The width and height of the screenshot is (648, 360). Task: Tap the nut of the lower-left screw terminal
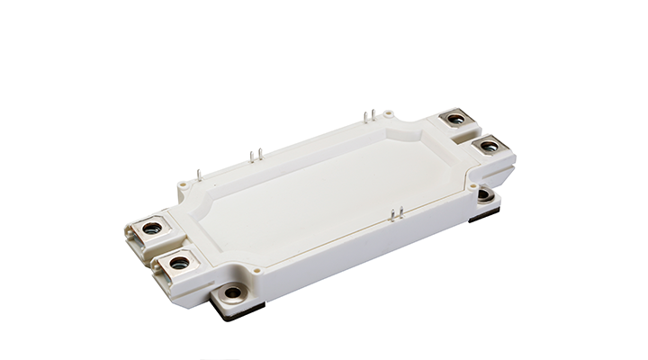180,263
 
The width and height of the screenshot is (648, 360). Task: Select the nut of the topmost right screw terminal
455,118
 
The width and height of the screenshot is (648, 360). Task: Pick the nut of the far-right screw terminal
489,145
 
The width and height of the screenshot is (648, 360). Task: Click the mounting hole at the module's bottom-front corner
233,292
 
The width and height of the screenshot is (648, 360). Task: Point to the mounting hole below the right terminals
484,194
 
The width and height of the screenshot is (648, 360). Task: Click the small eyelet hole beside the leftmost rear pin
183,187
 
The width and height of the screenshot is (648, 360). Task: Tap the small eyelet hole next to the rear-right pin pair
387,114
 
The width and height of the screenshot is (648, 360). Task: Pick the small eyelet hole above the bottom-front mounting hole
257,267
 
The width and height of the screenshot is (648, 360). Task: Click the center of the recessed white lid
324,193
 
